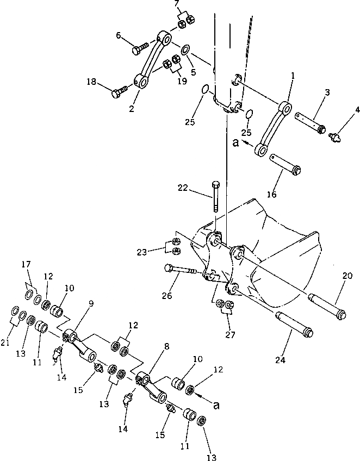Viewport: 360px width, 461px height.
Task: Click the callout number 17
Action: click(26, 265)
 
